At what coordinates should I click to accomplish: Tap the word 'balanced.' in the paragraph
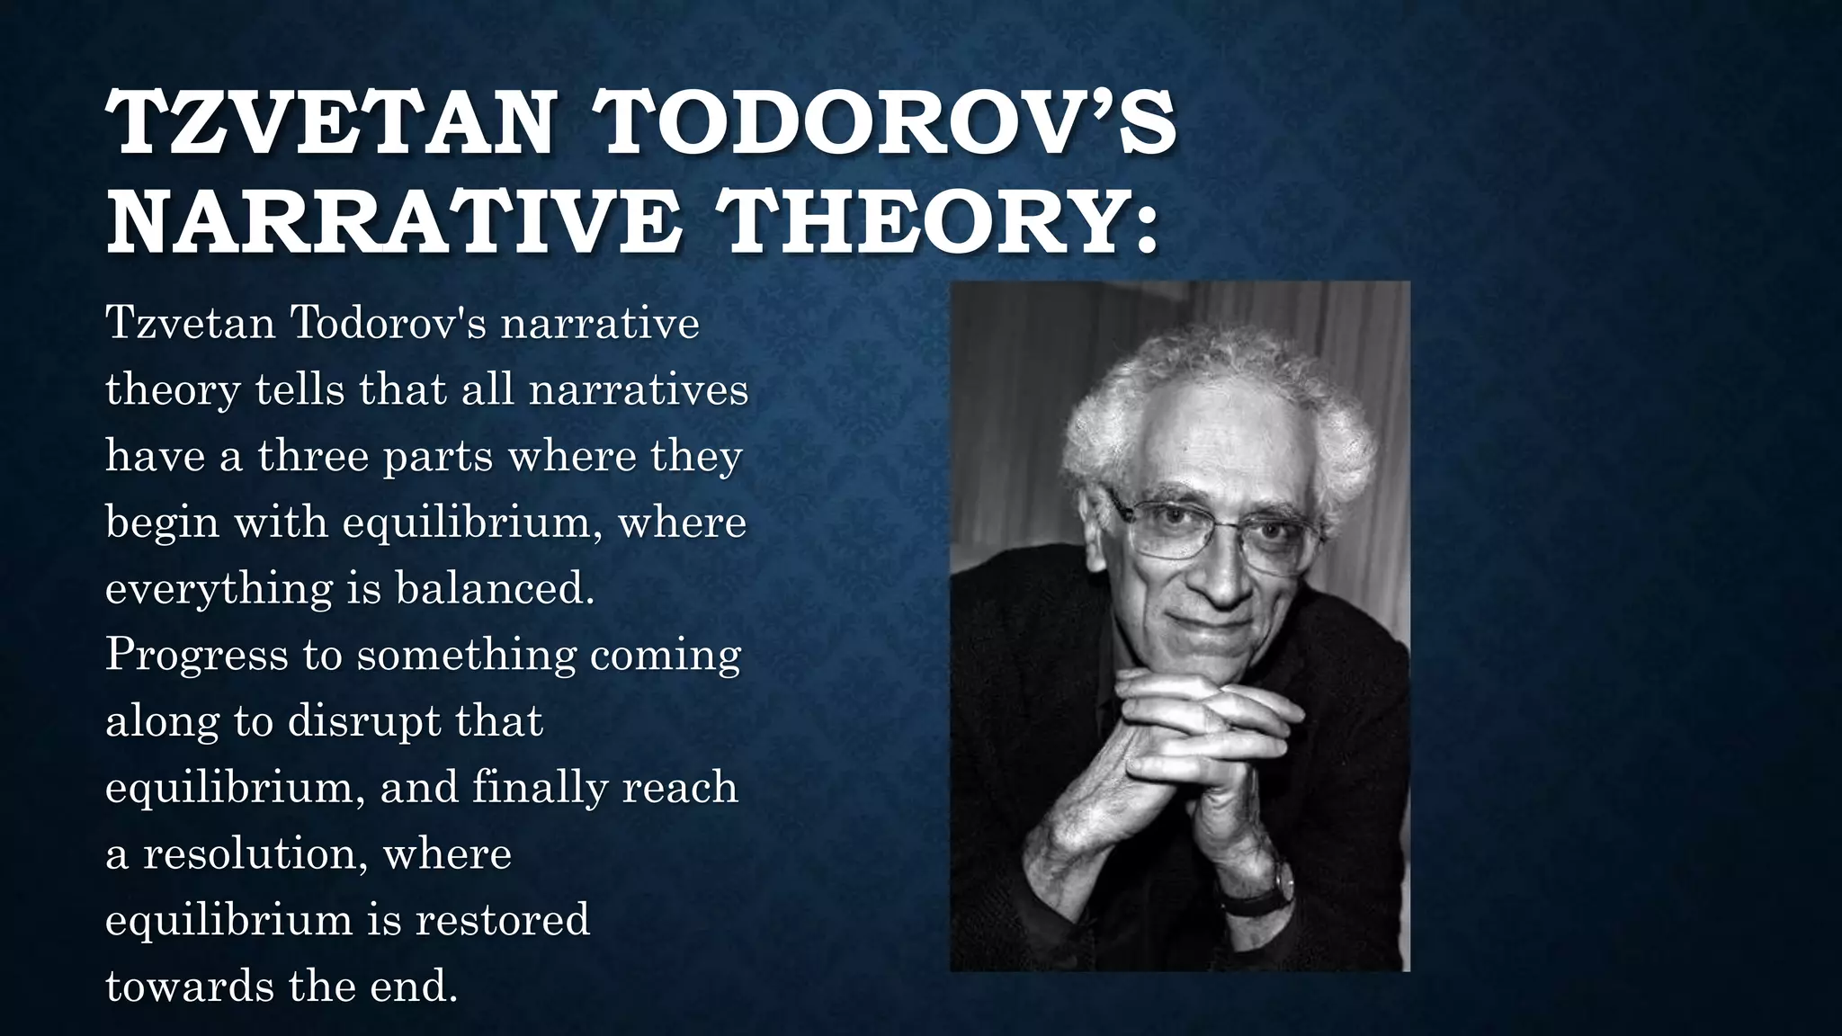click(495, 589)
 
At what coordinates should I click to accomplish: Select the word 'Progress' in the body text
click(196, 655)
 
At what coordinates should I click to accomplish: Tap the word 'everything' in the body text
click(219, 589)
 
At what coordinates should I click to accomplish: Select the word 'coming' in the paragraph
click(666, 655)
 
